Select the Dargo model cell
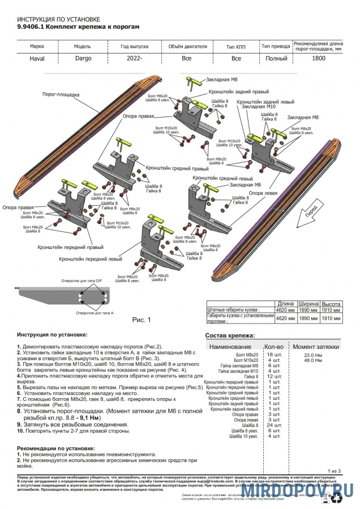pyautogui.click(x=83, y=58)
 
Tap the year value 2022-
pyautogui.click(x=134, y=58)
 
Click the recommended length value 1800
pyautogui.click(x=319, y=58)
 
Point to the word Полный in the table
pyautogui.click(x=276, y=58)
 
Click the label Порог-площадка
pyautogui.click(x=61, y=94)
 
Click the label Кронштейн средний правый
pyautogui.click(x=177, y=169)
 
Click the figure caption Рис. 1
pyautogui.click(x=142, y=320)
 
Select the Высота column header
pyautogui.click(x=331, y=303)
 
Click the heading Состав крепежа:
pyautogui.click(x=230, y=335)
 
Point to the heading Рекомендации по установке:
pyautogui.click(x=56, y=448)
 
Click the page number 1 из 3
pyautogui.click(x=335, y=471)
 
